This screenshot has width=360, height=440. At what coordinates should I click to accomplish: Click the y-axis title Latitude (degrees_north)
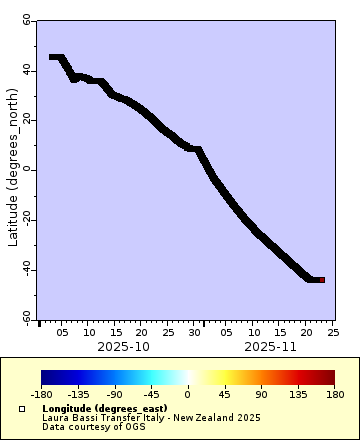coord(12,168)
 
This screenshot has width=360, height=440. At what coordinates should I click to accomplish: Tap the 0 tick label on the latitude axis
coord(30,169)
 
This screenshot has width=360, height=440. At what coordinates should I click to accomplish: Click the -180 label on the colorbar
coord(41,394)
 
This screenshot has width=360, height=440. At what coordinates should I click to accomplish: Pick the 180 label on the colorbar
coord(334,394)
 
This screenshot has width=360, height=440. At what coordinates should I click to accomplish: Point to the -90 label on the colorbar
coord(114,394)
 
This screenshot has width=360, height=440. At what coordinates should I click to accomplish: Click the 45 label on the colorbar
coord(224,394)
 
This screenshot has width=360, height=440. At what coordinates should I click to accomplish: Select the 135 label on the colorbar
coord(297,394)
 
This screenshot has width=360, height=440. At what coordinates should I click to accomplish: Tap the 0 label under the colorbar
coord(187,394)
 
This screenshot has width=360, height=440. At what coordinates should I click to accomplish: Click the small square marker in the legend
coord(22,409)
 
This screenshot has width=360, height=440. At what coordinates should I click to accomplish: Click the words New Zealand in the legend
coord(211,417)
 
